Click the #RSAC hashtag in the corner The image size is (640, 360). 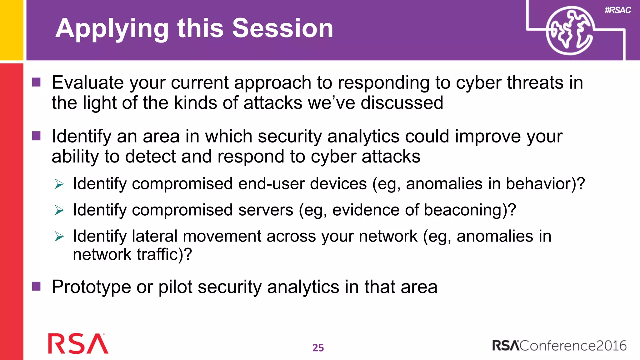click(x=617, y=10)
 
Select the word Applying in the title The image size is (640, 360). click(x=112, y=29)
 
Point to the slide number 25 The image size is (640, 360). click(x=318, y=347)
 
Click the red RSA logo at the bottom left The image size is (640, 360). click(x=78, y=344)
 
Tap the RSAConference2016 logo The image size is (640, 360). click(x=559, y=346)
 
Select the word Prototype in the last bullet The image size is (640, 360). click(x=91, y=287)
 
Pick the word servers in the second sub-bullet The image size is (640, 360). click(x=266, y=210)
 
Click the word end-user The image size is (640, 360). click(x=271, y=184)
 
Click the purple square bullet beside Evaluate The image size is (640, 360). click(x=37, y=82)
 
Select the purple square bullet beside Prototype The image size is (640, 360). click(x=37, y=286)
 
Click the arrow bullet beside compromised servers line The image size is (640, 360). click(x=59, y=210)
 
